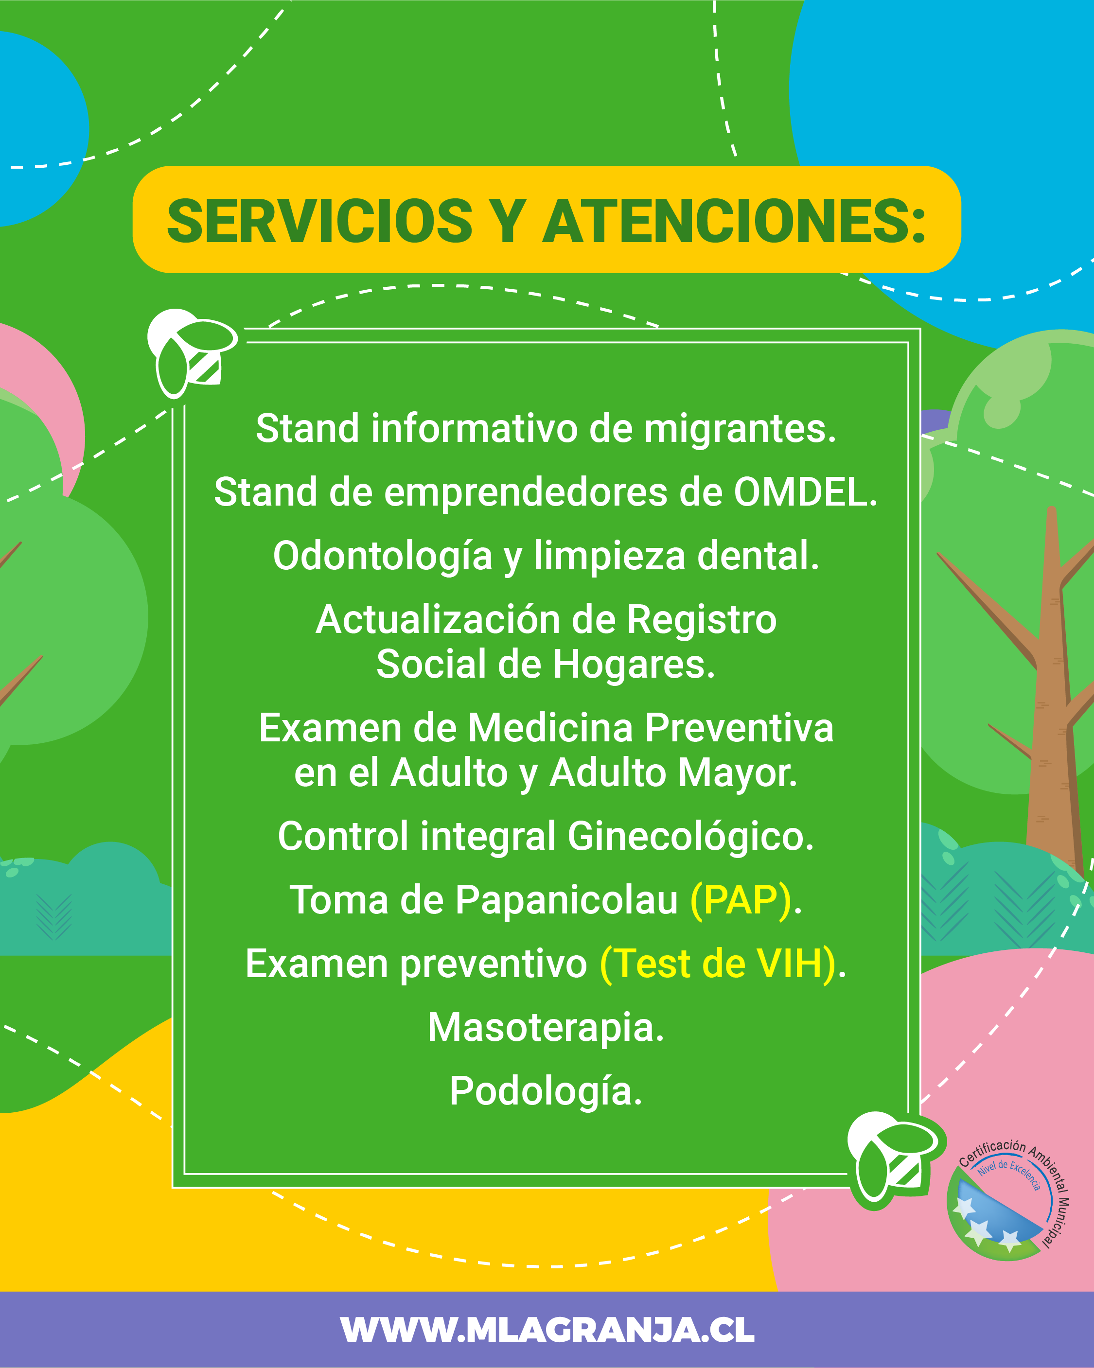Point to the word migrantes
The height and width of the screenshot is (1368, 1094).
tap(741, 430)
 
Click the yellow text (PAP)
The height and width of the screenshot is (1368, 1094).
tap(741, 901)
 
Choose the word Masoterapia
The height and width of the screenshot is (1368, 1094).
tap(546, 1029)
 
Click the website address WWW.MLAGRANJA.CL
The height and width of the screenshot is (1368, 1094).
tap(547, 1330)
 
